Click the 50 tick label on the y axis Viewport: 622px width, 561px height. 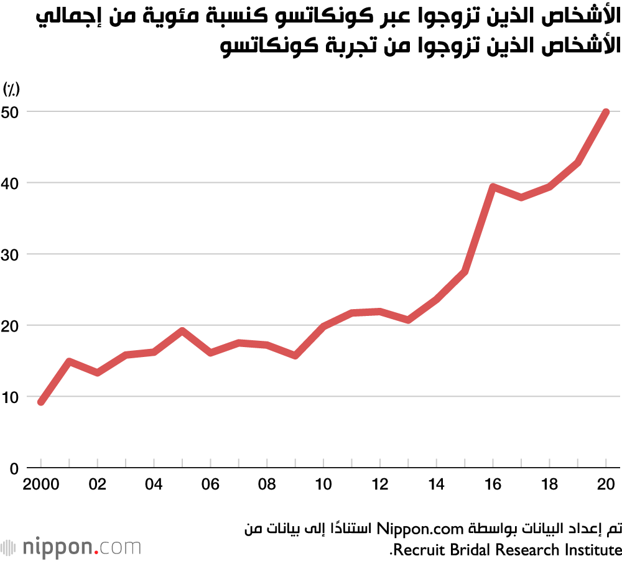coord(11,112)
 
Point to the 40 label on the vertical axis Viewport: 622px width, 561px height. coord(11,183)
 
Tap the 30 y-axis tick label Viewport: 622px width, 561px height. coord(11,254)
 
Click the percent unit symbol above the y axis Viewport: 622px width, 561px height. coord(11,90)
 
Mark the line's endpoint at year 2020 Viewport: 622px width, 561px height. coord(606,112)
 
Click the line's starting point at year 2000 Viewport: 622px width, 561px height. coord(41,402)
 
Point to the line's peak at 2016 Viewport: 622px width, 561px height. coord(493,187)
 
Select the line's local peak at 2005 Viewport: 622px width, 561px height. coord(182,330)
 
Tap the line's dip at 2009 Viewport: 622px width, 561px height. coord(295,356)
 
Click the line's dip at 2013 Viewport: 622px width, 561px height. coord(408,320)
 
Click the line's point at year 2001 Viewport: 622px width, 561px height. coord(69,361)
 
